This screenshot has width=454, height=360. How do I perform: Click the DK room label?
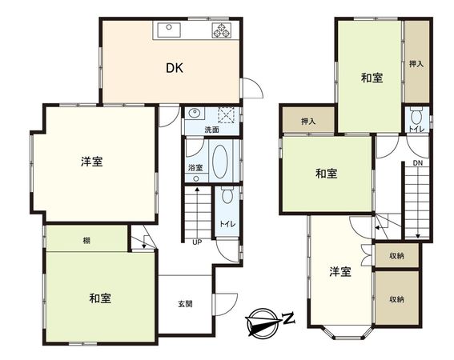(175, 68)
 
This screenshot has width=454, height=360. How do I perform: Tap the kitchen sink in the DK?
(169, 30)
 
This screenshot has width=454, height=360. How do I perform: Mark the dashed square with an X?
(229, 114)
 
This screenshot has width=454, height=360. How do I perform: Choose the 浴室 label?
(195, 168)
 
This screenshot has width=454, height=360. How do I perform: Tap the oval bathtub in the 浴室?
(220, 163)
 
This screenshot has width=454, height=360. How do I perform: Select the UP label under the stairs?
(195, 243)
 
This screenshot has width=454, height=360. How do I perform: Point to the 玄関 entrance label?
(185, 304)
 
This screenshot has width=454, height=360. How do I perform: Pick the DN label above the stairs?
(418, 164)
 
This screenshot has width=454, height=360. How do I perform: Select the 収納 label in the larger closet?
(397, 300)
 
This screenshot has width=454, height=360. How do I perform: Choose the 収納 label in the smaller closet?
(397, 255)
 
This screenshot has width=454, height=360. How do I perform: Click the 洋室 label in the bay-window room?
(340, 272)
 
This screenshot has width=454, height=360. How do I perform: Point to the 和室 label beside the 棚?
(99, 298)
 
